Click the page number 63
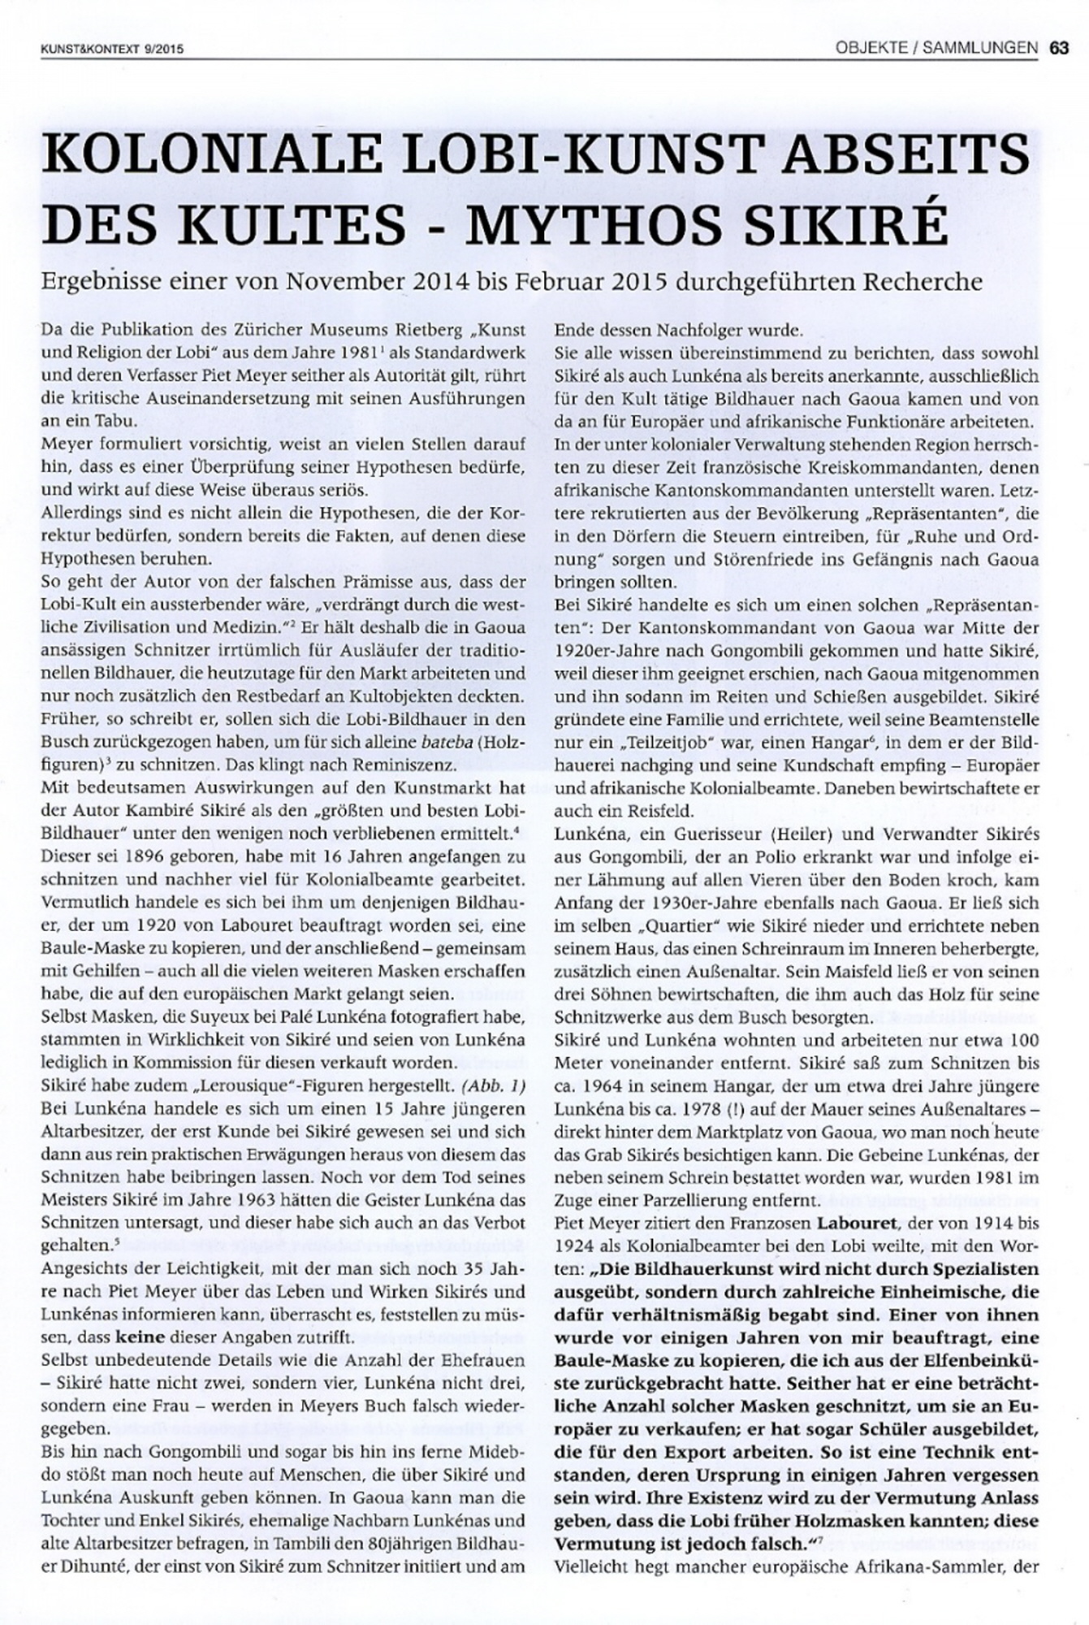point(1057,48)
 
